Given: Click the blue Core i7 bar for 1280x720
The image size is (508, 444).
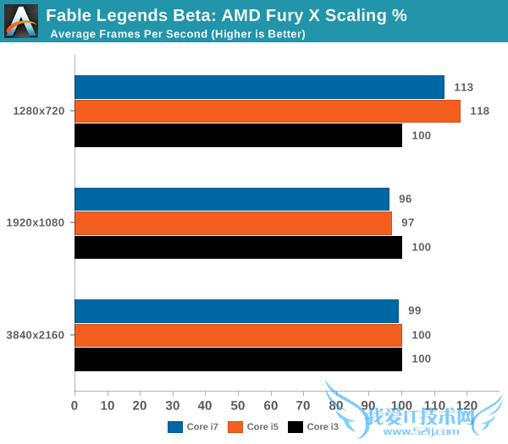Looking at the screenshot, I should (259, 87).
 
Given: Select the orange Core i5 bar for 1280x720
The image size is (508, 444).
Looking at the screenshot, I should (268, 111).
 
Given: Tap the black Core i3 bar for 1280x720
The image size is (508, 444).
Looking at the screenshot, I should (238, 135).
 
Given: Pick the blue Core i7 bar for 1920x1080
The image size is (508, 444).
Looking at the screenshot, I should (232, 199).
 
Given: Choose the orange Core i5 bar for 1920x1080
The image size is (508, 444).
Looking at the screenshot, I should (234, 223).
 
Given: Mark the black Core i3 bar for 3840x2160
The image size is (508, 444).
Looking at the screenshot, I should (238, 359).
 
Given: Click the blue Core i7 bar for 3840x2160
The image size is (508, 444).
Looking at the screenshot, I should (236, 311).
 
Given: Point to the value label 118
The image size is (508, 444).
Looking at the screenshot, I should (479, 111).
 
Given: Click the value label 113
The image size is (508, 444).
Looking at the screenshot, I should (463, 87).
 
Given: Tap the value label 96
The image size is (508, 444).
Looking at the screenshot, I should (405, 199).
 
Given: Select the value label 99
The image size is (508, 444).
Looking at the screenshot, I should (415, 311).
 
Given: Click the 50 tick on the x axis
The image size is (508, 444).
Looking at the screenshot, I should (238, 406).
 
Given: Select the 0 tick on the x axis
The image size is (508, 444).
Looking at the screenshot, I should (75, 406).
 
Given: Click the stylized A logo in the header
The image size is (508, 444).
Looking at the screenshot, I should (21, 20).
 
